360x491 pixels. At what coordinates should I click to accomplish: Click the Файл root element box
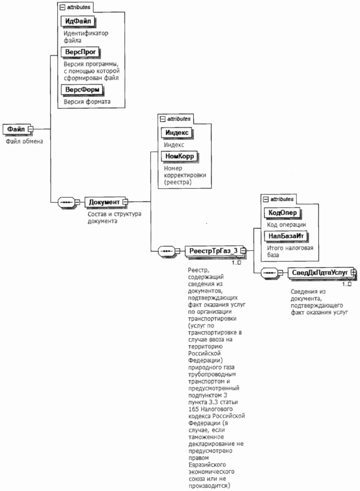16,129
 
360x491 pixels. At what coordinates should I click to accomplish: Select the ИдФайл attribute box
78,21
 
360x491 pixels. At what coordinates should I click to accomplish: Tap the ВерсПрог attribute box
80,52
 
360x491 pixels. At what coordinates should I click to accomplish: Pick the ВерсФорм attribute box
82,90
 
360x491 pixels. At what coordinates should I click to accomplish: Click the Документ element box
104,202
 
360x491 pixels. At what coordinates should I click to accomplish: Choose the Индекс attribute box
177,133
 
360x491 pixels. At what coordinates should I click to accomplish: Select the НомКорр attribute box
179,156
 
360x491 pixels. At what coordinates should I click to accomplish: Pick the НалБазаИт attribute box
286,236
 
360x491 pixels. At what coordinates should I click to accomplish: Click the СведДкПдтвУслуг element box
320,273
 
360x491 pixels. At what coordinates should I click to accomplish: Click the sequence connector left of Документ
66,202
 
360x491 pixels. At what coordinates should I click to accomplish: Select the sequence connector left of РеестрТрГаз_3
166,251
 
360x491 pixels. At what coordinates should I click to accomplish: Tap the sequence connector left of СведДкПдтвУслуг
269,273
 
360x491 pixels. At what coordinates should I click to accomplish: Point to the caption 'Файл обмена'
24,141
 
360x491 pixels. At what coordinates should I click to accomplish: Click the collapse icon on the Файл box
31,129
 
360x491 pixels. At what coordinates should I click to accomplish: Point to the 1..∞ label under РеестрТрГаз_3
236,263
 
